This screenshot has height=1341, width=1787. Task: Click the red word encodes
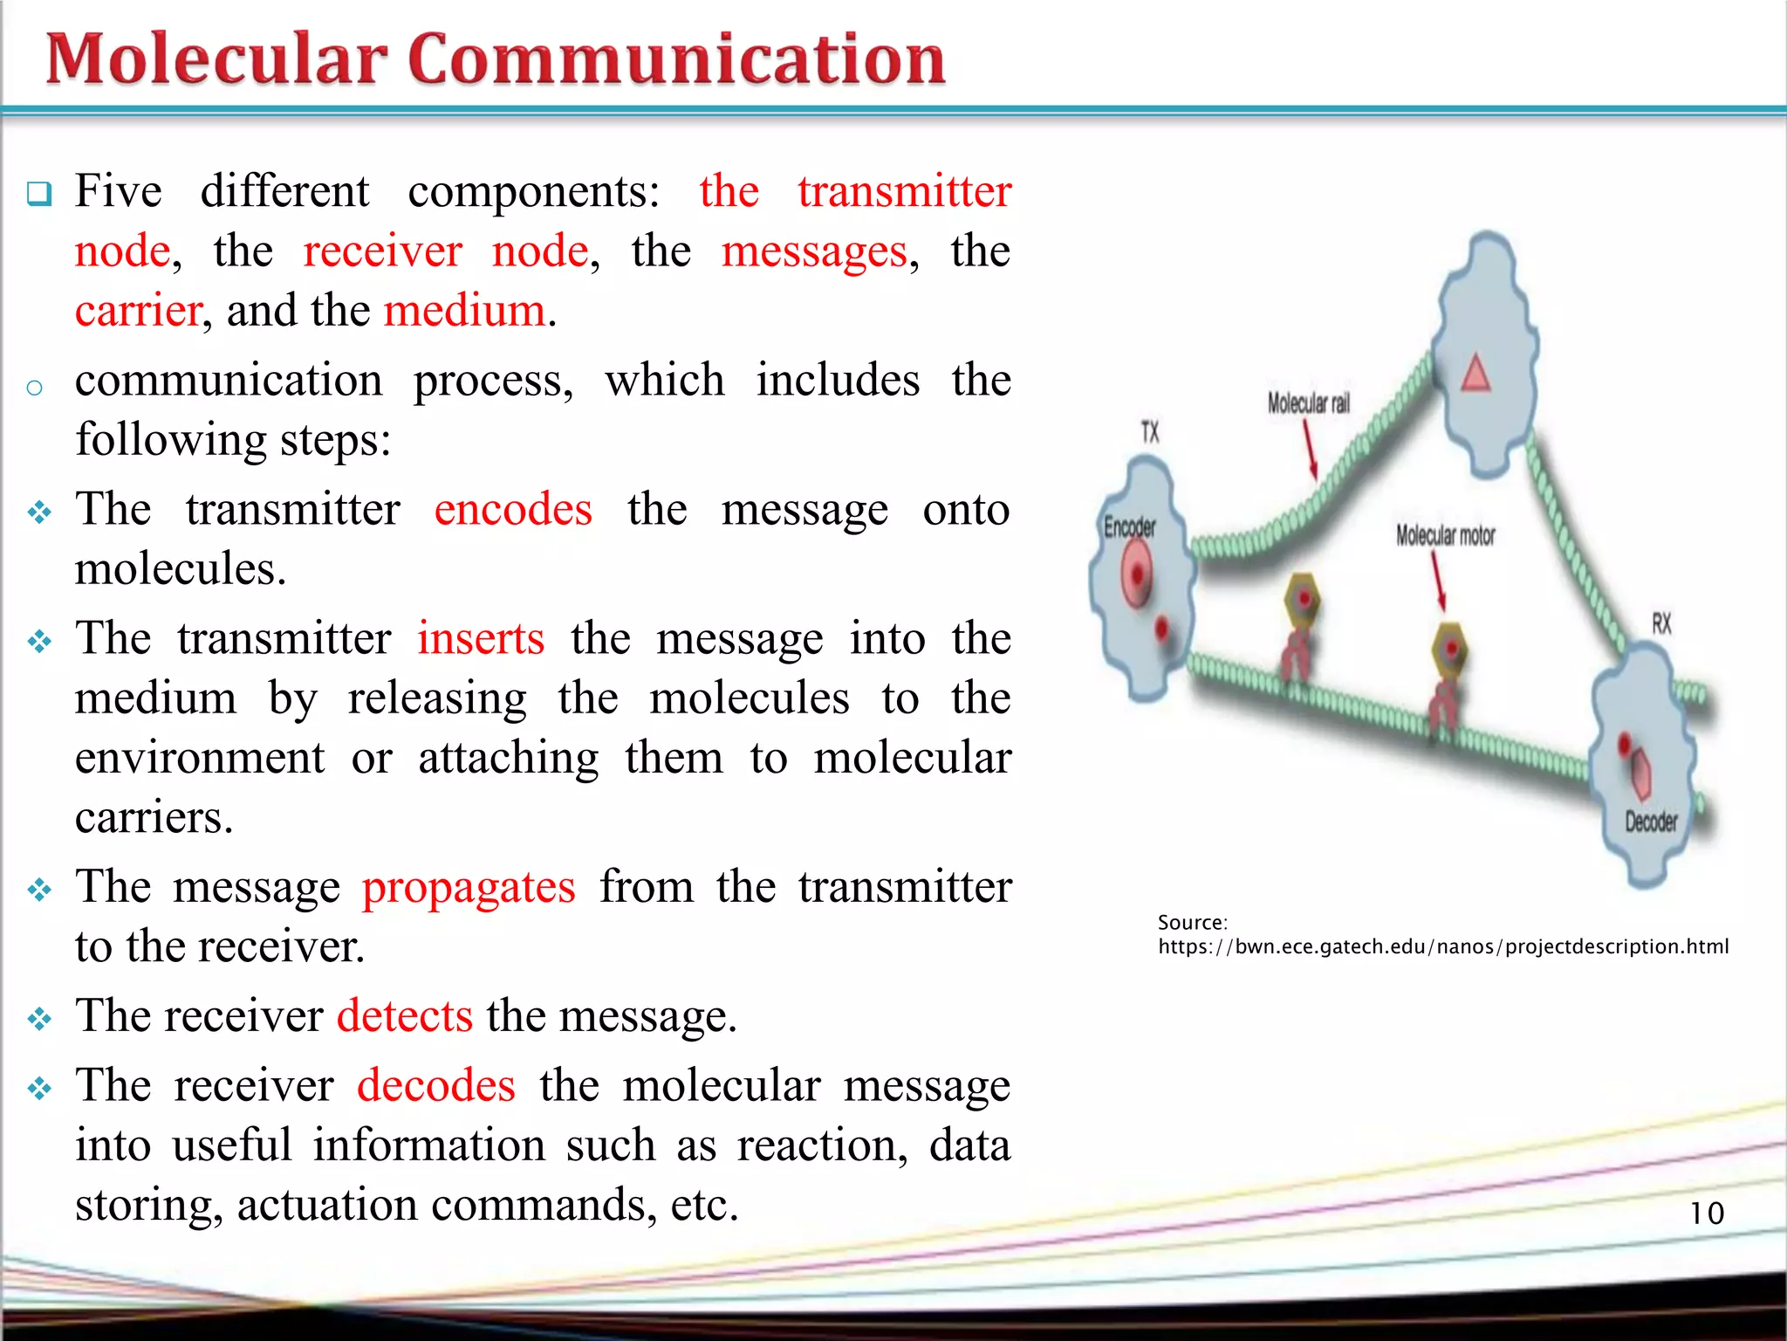[513, 509]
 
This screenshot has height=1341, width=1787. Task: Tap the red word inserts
[481, 638]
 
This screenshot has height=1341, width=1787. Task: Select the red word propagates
[469, 888]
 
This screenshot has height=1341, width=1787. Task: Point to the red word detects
[405, 1016]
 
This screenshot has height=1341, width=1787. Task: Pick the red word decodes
[436, 1085]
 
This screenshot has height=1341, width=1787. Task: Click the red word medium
[464, 311]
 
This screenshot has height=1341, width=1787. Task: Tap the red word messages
[815, 251]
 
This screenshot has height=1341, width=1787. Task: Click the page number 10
[1707, 1213]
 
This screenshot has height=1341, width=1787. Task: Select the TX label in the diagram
[1150, 431]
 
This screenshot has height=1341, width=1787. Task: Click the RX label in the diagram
[1661, 623]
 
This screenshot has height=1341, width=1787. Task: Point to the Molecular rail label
[1308, 402]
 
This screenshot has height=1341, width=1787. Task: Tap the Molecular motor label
[1445, 535]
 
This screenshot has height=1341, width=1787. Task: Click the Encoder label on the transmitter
[1129, 526]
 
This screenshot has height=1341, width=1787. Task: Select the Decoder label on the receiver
[1651, 821]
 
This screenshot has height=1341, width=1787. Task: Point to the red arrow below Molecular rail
[1311, 449]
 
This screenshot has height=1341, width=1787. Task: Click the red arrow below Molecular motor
[1438, 581]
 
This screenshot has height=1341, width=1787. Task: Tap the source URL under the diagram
[1442, 946]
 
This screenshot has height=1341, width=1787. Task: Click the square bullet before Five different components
[39, 193]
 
